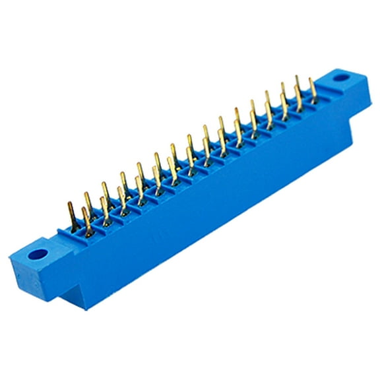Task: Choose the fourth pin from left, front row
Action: pos(139,189)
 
